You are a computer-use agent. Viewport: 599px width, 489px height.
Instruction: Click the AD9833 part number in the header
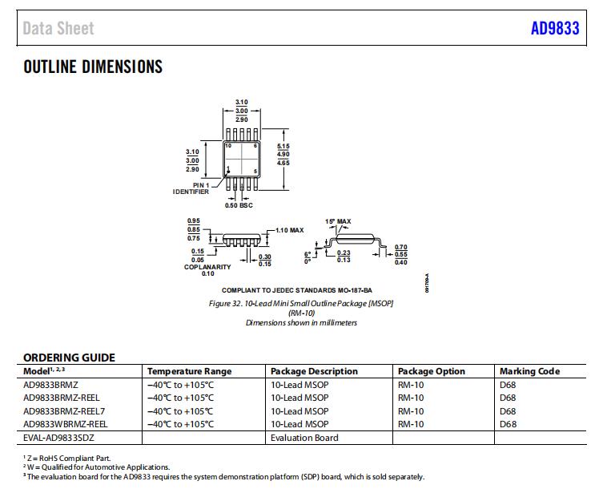click(x=555, y=29)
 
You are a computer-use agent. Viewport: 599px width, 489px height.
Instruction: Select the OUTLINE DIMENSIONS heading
click(x=93, y=67)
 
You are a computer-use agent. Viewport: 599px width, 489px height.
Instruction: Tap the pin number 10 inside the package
click(x=228, y=145)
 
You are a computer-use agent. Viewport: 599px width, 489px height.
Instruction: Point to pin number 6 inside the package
click(x=255, y=145)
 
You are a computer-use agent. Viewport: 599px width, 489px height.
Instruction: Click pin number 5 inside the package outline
click(x=255, y=172)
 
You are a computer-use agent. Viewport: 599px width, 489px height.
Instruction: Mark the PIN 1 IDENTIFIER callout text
click(x=191, y=188)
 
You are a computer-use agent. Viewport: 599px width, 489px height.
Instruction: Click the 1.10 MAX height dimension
click(x=289, y=230)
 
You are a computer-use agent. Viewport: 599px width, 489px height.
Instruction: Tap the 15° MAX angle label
click(x=338, y=220)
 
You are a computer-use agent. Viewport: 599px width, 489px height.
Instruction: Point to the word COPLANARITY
click(x=207, y=267)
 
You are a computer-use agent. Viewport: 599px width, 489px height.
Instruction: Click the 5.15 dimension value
click(x=283, y=145)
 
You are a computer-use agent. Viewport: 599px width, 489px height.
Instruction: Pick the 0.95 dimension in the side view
click(x=193, y=220)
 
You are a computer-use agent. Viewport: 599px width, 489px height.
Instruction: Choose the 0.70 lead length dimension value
click(x=401, y=246)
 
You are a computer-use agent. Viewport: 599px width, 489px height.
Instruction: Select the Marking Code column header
click(x=529, y=371)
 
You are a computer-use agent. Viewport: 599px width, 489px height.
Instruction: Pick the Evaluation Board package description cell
click(x=304, y=438)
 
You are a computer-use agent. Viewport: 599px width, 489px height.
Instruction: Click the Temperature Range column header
click(x=189, y=371)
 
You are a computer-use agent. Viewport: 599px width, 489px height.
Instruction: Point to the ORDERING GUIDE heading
click(x=69, y=358)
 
